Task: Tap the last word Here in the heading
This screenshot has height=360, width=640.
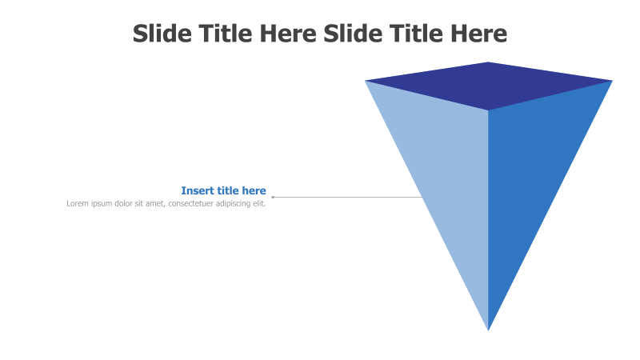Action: (478, 34)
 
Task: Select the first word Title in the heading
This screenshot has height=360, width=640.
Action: (226, 34)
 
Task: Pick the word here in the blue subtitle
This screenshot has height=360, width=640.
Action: (254, 190)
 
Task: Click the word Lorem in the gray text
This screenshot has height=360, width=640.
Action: (78, 203)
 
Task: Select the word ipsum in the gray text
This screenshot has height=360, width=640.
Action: (102, 203)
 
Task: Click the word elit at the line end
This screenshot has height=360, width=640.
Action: (259, 203)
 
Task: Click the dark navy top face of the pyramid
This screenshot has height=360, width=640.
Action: (488, 85)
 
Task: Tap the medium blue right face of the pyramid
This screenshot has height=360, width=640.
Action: (528, 176)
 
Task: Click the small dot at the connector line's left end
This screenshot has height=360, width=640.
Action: (273, 197)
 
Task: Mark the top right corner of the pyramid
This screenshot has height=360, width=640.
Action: (612, 81)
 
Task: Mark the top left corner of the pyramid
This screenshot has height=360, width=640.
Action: (366, 81)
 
